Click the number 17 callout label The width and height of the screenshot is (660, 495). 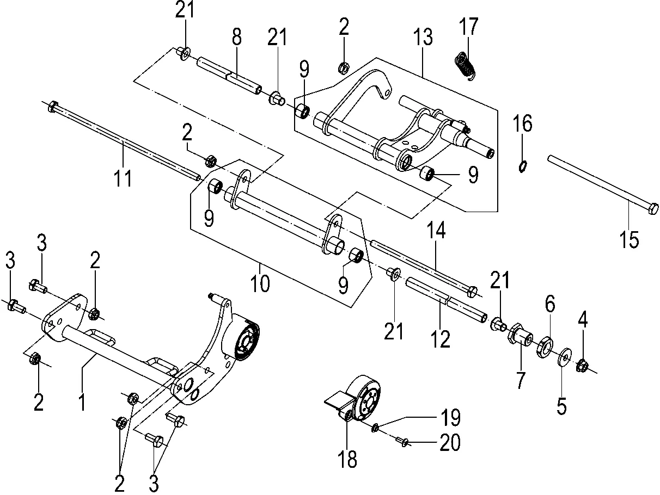[469, 27]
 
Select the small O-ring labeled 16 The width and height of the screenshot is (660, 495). [523, 166]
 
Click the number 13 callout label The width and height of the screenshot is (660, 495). [423, 37]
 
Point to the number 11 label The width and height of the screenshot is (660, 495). [123, 178]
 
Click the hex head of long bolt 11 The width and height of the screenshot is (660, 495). [53, 107]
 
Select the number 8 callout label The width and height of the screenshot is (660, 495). [237, 37]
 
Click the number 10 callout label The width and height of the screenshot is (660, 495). [260, 283]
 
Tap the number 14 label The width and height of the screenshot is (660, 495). [436, 230]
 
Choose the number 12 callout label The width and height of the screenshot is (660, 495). [441, 339]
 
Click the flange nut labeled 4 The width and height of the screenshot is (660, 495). [583, 366]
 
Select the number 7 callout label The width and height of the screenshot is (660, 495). [521, 380]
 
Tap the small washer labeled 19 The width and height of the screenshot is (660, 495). [375, 428]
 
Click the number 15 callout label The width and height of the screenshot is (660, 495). [629, 239]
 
